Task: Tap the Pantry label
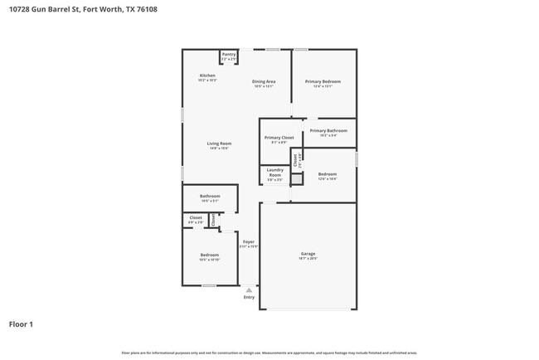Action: click(229, 54)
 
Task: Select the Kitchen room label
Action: click(207, 75)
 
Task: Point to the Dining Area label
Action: click(264, 81)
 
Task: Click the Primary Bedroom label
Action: click(323, 81)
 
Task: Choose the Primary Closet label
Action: click(279, 138)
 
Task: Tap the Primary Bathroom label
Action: click(328, 130)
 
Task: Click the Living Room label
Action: click(219, 144)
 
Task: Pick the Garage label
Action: click(308, 253)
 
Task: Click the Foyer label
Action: click(248, 241)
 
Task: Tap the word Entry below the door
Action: click(249, 297)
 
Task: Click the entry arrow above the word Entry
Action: click(249, 289)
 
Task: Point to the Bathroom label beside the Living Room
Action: click(209, 196)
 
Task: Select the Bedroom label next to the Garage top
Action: click(328, 173)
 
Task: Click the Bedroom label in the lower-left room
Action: click(209, 255)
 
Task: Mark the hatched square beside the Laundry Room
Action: click(297, 177)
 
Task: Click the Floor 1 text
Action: click(21, 324)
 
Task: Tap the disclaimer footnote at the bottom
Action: click(269, 353)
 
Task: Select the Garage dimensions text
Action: click(308, 258)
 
